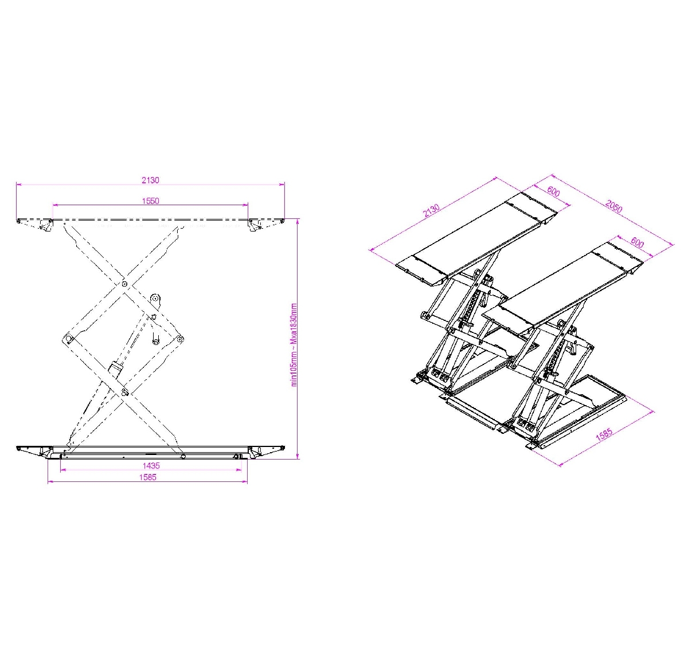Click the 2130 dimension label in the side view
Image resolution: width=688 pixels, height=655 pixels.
[150, 180]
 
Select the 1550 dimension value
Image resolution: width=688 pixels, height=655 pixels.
[150, 201]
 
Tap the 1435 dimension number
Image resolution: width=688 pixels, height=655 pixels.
[151, 466]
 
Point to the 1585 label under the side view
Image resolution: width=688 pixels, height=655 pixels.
[148, 477]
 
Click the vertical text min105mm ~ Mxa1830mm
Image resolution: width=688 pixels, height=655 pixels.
[294, 345]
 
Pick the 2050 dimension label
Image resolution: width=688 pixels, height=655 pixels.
[613, 206]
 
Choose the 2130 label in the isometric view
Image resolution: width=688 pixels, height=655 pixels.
[431, 210]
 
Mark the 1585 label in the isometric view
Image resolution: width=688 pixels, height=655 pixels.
[604, 434]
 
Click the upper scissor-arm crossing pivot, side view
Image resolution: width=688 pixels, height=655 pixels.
[124, 284]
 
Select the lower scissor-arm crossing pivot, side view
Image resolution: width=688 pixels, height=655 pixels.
[124, 392]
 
